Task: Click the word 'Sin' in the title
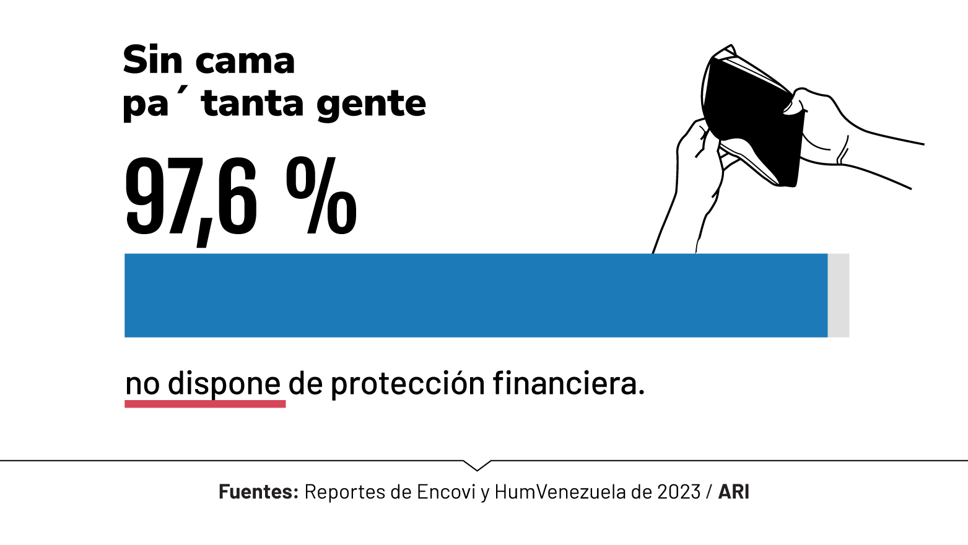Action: coord(152,60)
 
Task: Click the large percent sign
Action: coord(321,196)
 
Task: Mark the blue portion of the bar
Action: coord(476,295)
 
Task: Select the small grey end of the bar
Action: coord(839,295)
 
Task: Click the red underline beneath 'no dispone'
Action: coord(205,404)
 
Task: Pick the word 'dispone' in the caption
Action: coord(224,384)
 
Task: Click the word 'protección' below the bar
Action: coord(408,384)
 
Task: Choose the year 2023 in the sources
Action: coord(679,492)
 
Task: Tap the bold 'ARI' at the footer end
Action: coord(734,492)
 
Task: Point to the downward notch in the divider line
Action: coord(477,465)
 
